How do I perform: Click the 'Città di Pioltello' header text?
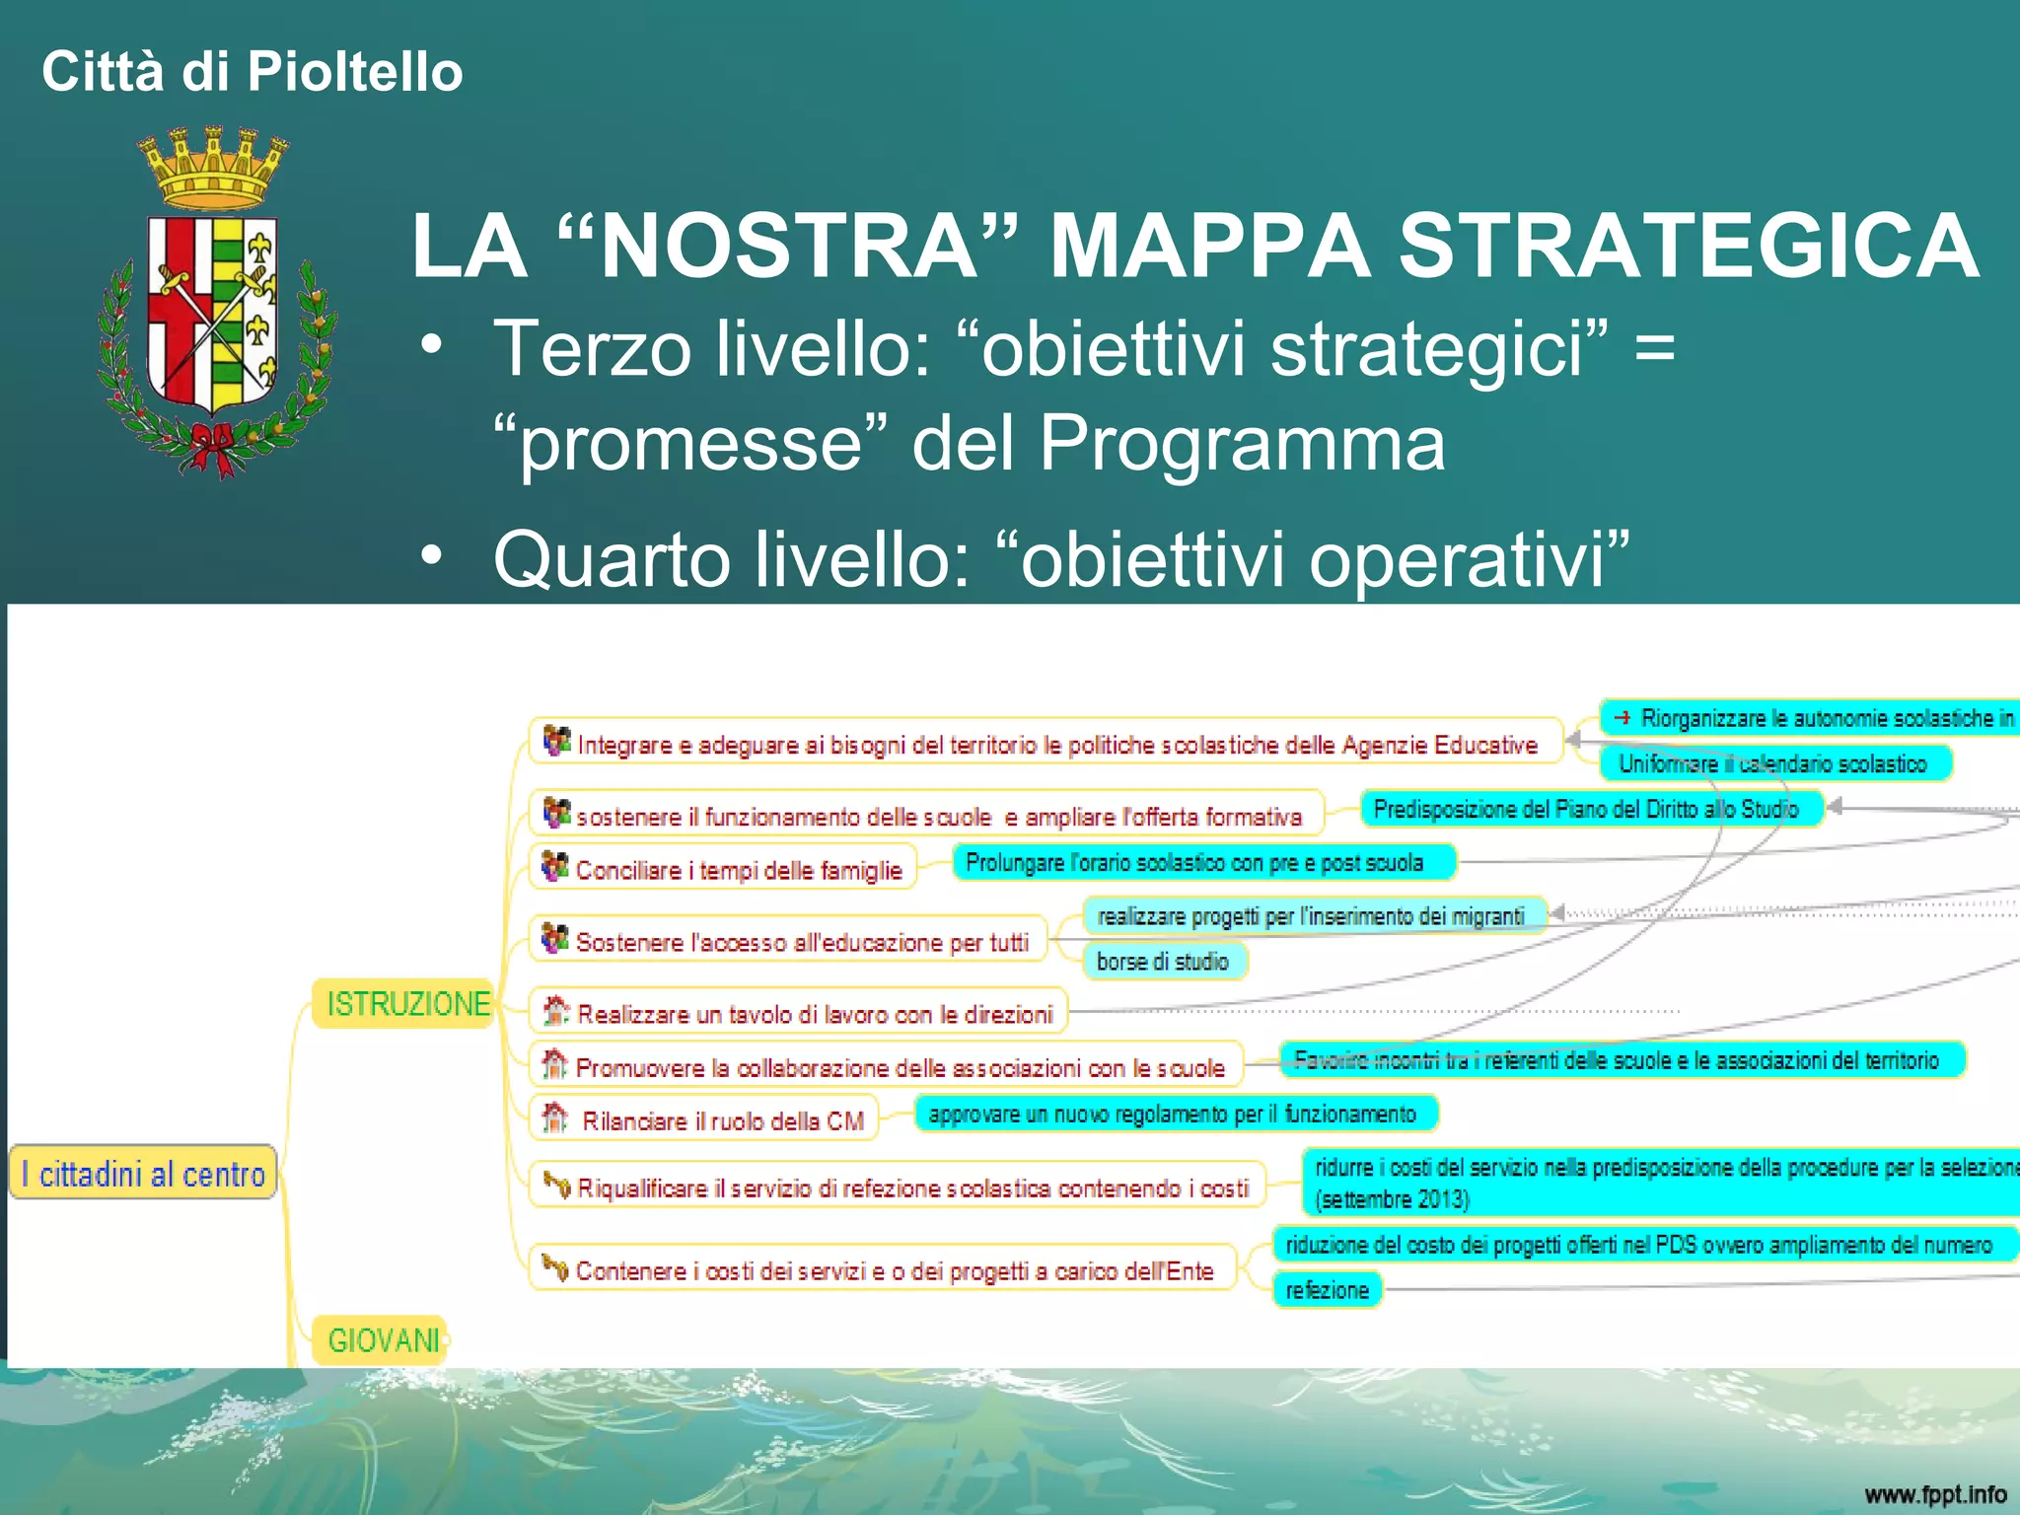coord(252,72)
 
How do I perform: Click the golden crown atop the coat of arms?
coord(213,166)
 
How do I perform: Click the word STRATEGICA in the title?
coord(1689,247)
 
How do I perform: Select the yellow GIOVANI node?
coord(382,1340)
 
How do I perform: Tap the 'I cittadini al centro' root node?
coord(143,1174)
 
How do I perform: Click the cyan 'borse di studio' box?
coord(1164,961)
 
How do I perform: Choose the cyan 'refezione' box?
coord(1327,1290)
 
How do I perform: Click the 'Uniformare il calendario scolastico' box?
coord(1772,763)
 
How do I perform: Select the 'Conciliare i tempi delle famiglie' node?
coord(725,869)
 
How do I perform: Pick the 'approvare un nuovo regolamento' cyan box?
coord(1174,1115)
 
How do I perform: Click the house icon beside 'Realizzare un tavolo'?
coord(556,1010)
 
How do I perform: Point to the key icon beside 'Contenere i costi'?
coord(556,1267)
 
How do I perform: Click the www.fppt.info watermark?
coord(1934,1494)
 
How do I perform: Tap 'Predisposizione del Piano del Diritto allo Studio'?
coord(1586,810)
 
